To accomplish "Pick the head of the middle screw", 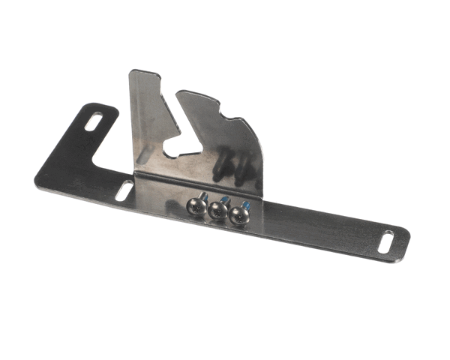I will [218, 209].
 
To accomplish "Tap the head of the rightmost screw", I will [239, 214].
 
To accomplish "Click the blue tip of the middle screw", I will [225, 199].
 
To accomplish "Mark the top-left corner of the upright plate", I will [132, 72].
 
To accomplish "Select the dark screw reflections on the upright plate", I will [226, 168].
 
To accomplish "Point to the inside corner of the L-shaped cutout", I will [94, 161].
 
